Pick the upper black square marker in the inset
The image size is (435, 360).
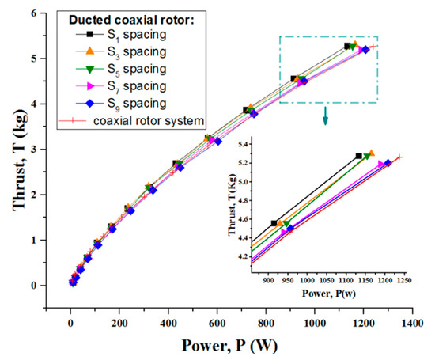click(x=359, y=156)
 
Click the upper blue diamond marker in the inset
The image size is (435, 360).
click(x=388, y=164)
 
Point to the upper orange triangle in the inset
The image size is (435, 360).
click(x=371, y=153)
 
